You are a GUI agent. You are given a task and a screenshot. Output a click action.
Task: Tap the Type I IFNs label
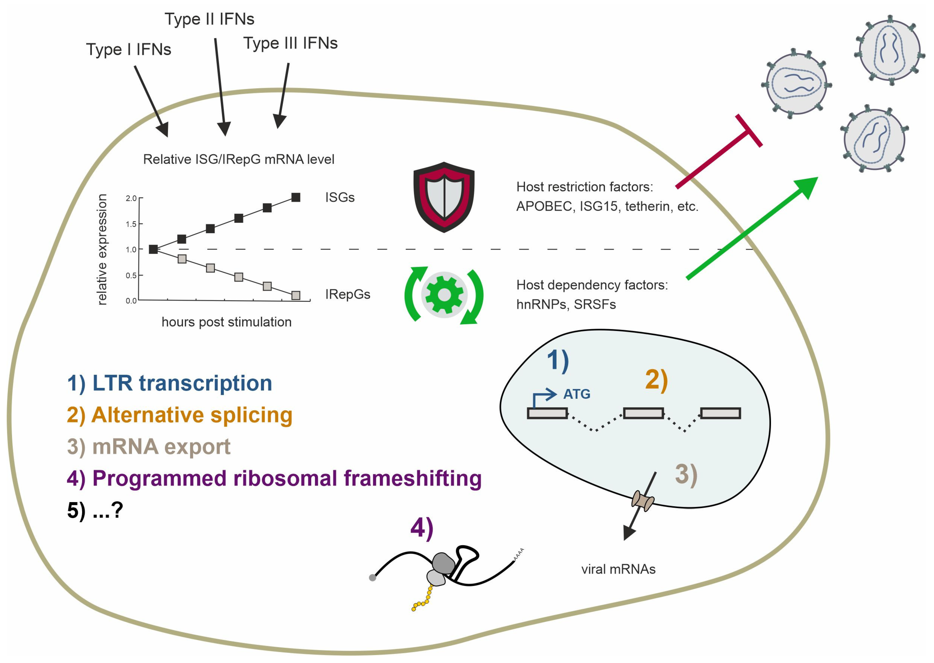tap(128, 49)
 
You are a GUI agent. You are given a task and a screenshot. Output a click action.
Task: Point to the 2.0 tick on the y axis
tap(131, 198)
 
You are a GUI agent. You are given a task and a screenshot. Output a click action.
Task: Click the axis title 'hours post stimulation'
tap(227, 322)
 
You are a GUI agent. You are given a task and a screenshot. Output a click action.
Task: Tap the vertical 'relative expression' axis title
tap(102, 249)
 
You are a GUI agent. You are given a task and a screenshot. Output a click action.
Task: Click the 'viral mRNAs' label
tap(618, 569)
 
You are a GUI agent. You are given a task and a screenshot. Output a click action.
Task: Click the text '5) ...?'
tap(95, 510)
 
